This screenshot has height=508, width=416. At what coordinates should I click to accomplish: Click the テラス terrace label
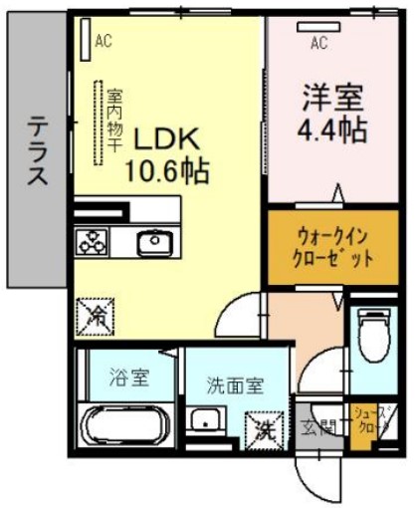click(x=37, y=151)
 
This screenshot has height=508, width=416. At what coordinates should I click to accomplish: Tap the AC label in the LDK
click(x=103, y=42)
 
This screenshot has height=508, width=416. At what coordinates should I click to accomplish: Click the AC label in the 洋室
click(x=318, y=42)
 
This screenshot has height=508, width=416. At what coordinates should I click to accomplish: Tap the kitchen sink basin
click(x=155, y=241)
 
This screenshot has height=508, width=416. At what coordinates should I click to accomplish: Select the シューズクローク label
click(x=372, y=417)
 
